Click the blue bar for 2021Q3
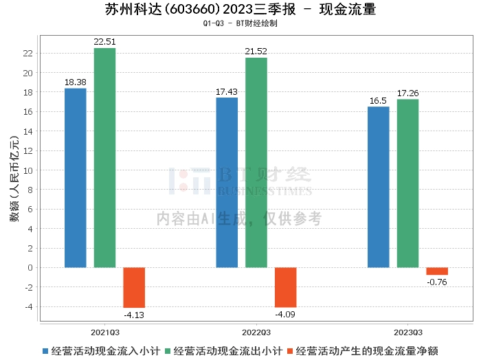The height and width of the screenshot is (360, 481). (x=76, y=178)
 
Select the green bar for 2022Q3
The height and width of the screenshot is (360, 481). (x=256, y=163)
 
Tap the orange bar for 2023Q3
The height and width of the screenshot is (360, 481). (x=437, y=271)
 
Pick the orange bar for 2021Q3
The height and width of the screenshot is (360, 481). (x=134, y=288)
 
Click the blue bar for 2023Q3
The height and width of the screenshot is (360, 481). (x=378, y=187)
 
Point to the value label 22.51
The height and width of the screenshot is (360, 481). (x=104, y=42)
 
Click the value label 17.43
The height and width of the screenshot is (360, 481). (x=227, y=91)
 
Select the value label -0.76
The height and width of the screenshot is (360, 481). (x=437, y=282)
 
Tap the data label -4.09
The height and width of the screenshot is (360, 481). (x=285, y=314)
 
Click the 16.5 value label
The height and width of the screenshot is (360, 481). (x=378, y=101)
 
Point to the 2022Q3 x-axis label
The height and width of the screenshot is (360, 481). (x=256, y=333)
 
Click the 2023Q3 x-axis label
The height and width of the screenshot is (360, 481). (x=408, y=333)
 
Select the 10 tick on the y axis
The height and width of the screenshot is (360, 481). (x=28, y=170)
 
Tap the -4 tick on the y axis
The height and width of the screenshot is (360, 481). (x=28, y=306)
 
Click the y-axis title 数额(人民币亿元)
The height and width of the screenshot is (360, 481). (x=14, y=179)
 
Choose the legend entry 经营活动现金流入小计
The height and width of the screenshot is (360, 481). (x=102, y=351)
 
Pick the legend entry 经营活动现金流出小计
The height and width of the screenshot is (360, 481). (x=223, y=351)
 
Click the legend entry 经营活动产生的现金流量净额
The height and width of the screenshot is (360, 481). (x=363, y=351)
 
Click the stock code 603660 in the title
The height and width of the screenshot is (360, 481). (x=193, y=10)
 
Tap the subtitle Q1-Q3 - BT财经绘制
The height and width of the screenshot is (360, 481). (x=240, y=23)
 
